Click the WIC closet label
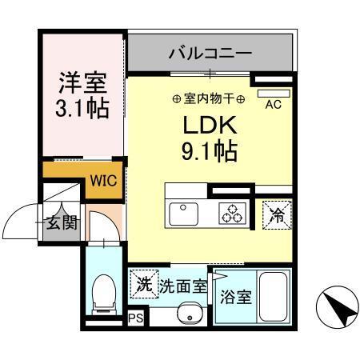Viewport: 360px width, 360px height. (x=103, y=180)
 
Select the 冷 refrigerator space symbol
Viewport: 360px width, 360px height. (x=277, y=214)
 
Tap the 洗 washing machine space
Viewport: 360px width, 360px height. (x=144, y=283)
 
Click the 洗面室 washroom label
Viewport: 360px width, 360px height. (x=182, y=284)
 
